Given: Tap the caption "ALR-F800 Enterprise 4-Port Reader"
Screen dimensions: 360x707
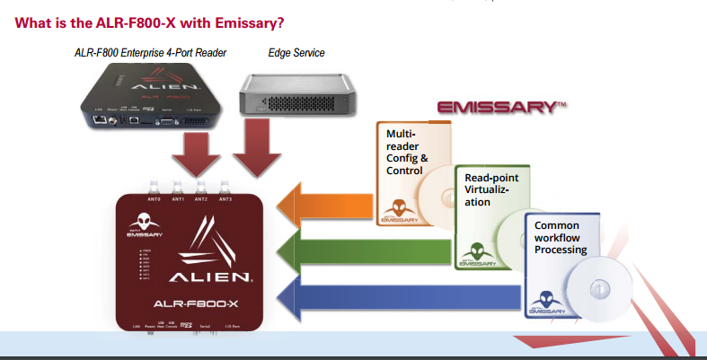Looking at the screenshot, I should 150,53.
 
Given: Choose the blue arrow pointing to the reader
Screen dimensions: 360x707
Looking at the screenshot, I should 395,294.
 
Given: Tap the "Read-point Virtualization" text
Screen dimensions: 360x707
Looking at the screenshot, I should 491,189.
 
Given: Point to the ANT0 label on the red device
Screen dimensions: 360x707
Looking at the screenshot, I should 153,199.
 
